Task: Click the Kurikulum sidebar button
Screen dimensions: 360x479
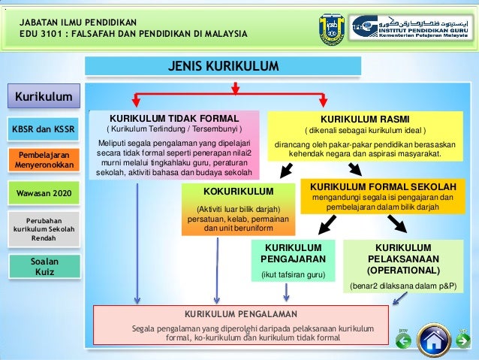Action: tap(44, 96)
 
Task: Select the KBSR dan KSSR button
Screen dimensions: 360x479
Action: tap(44, 129)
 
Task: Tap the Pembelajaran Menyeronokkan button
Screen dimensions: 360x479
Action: tap(44, 159)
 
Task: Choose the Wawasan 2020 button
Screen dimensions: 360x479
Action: tap(44, 193)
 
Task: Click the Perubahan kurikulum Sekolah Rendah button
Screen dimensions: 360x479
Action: tap(44, 226)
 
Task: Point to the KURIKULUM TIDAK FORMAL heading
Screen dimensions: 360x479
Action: tap(174, 119)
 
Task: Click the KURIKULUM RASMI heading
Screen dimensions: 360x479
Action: tap(362, 119)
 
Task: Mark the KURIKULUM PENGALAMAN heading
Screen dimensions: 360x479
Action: tap(241, 314)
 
